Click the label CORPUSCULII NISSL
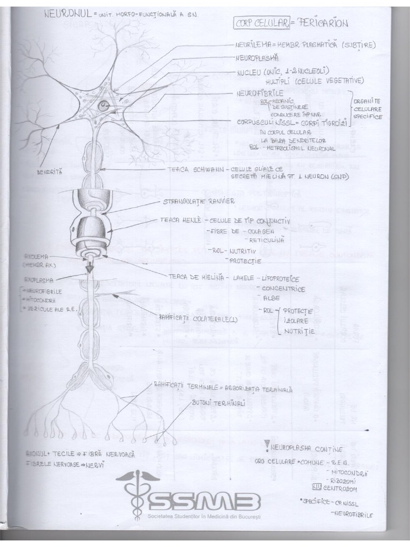[264, 122]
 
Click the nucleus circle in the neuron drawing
[103, 106]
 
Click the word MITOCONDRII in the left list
[43, 301]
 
